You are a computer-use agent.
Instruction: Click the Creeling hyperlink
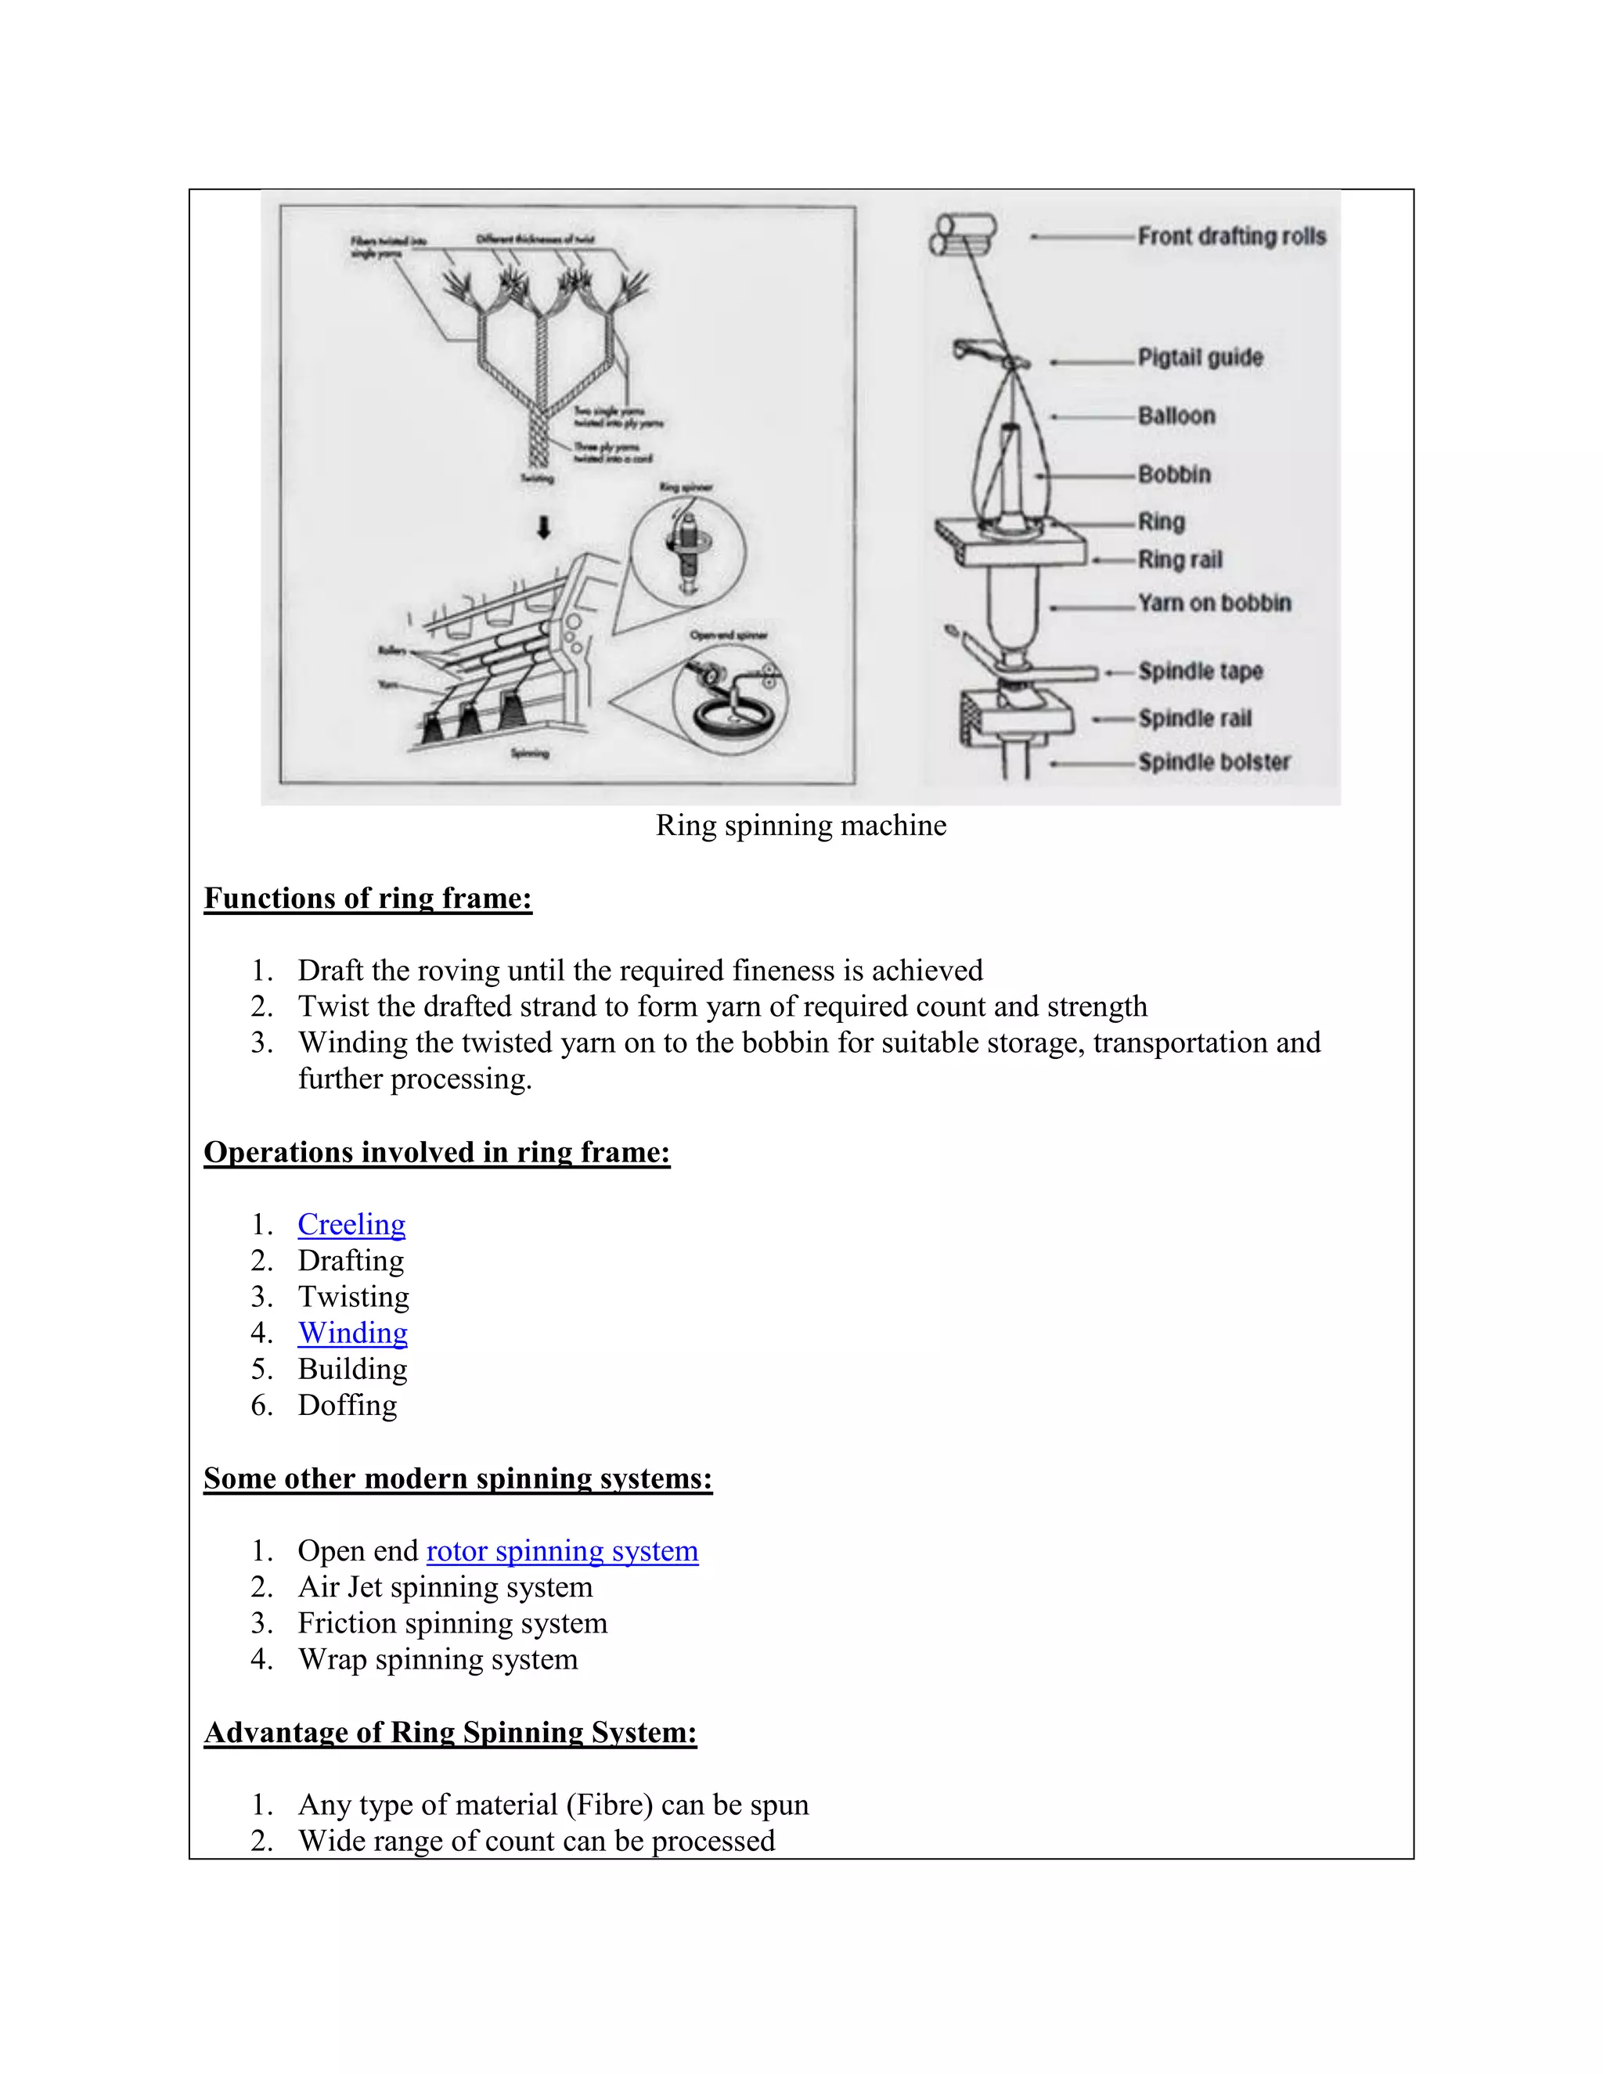point(351,1225)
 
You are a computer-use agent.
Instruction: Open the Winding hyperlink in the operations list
point(352,1334)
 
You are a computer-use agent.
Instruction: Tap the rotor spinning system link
point(562,1550)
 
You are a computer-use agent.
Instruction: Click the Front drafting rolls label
point(1232,236)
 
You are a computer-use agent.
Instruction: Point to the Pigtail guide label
point(1201,358)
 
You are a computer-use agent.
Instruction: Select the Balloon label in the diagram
point(1176,416)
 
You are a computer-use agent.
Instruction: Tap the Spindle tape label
point(1201,672)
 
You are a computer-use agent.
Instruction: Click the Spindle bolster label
point(1214,762)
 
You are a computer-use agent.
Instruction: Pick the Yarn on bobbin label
point(1215,603)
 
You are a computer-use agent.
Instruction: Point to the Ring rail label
point(1180,560)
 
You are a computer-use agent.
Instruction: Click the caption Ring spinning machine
point(801,825)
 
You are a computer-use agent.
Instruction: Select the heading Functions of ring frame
point(368,898)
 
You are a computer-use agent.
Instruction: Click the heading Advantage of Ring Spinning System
point(450,1732)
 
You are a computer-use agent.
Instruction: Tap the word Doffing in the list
point(348,1406)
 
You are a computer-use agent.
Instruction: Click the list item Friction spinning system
point(452,1623)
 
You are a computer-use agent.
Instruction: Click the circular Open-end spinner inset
point(730,699)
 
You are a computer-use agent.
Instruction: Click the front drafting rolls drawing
point(961,236)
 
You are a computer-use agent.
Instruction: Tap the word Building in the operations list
point(352,1370)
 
